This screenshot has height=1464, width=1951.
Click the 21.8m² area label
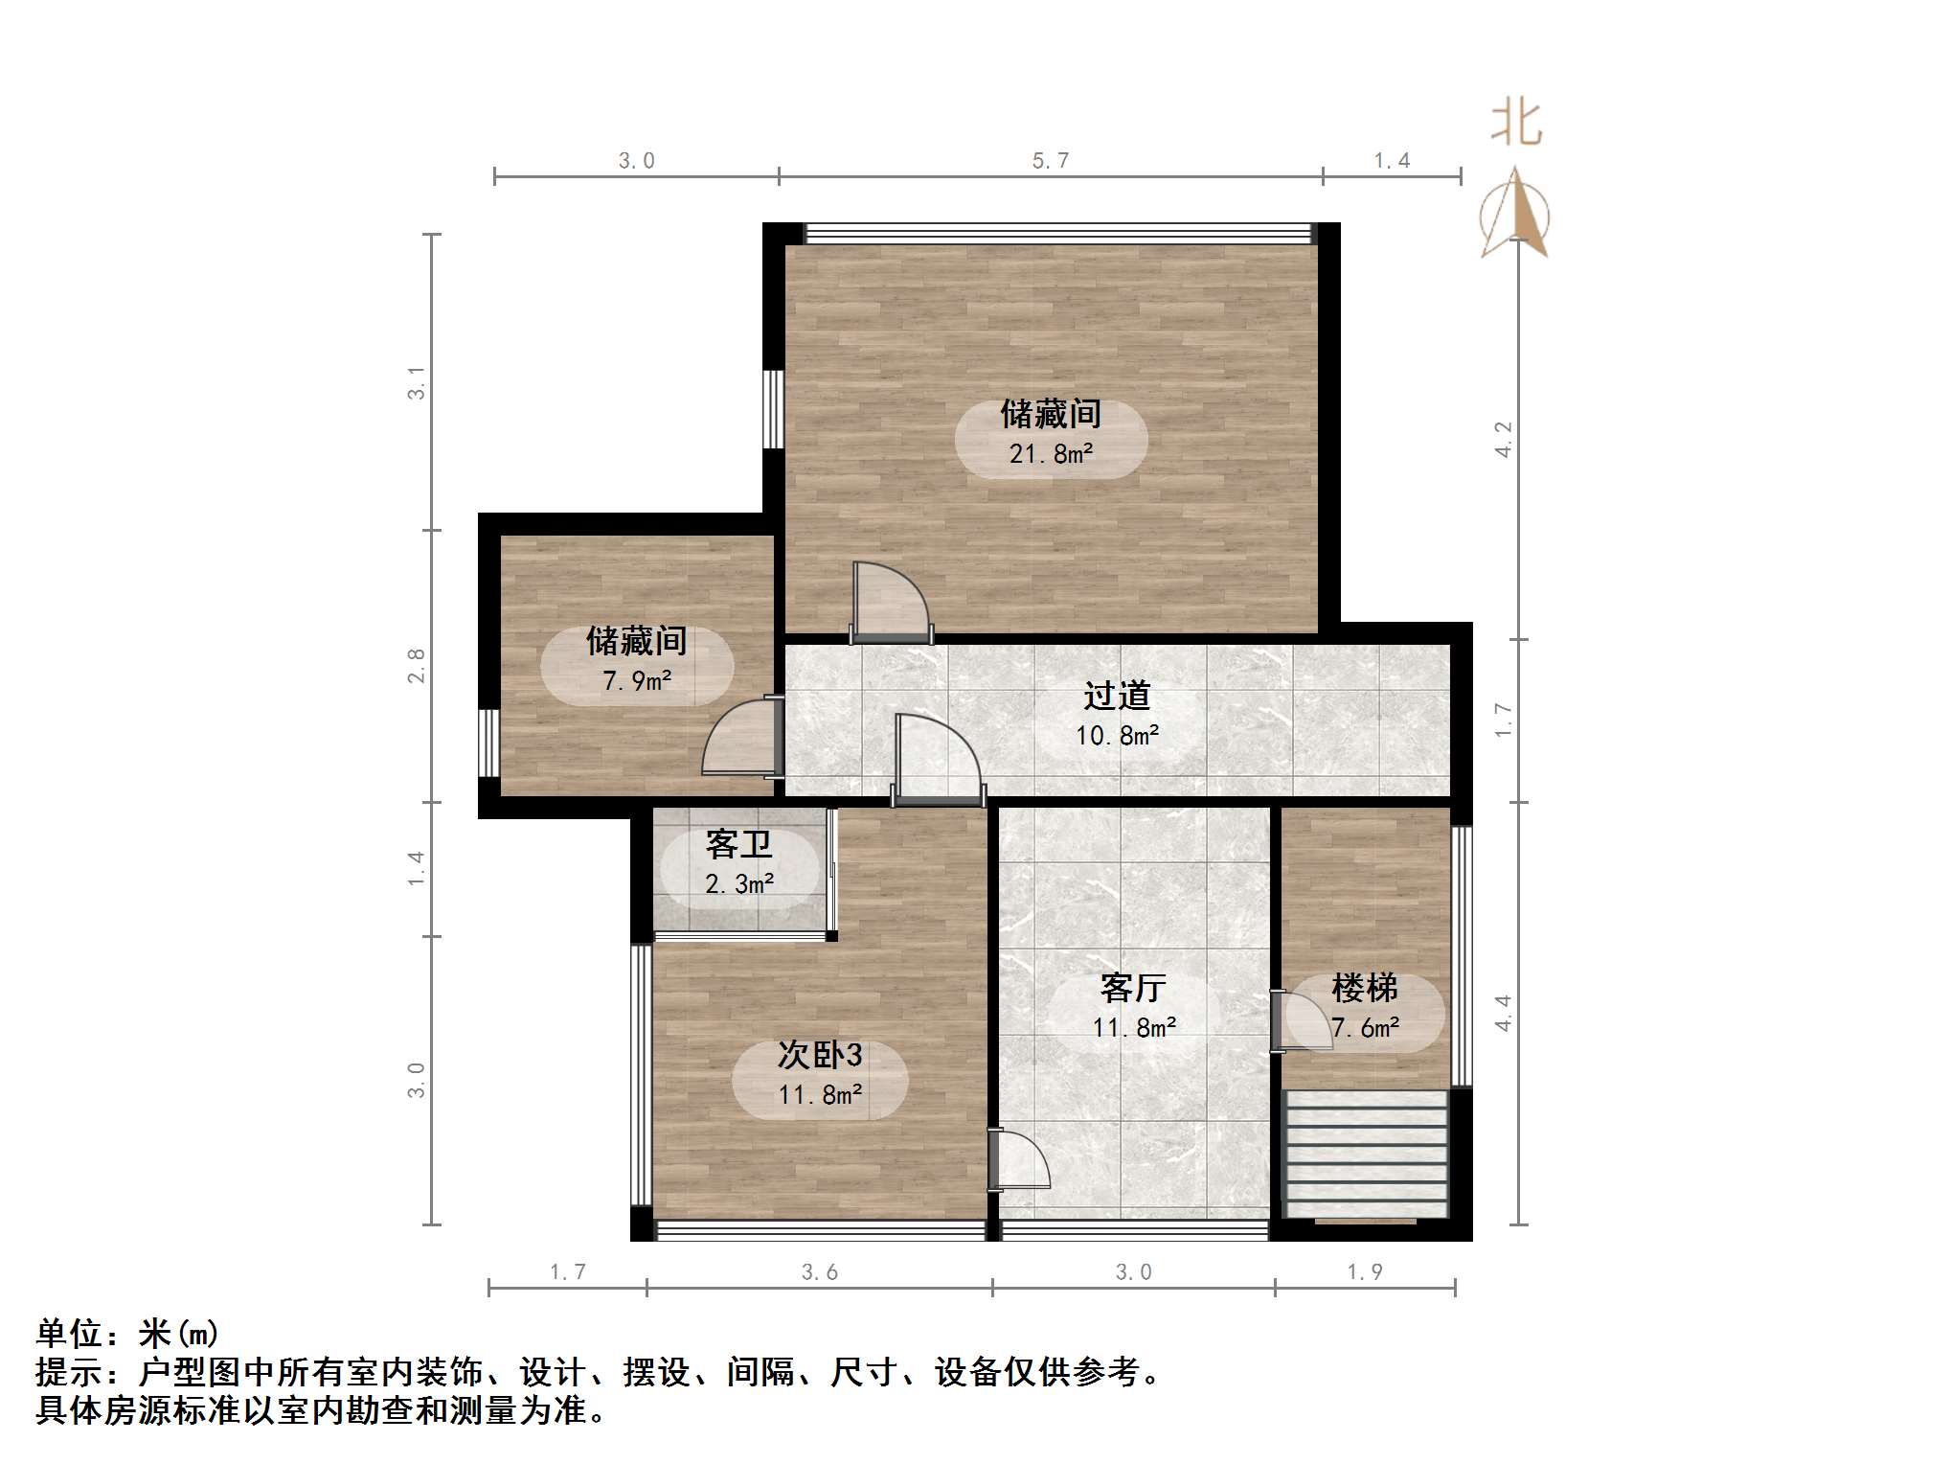click(x=1051, y=454)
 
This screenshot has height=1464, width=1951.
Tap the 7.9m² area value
click(x=637, y=681)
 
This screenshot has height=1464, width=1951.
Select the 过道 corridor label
click(x=1117, y=696)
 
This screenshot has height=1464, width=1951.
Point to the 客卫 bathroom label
click(x=738, y=844)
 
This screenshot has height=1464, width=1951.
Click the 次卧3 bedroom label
click(x=820, y=1055)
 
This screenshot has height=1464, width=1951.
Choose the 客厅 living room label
click(x=1133, y=988)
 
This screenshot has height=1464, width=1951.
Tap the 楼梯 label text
click(x=1365, y=988)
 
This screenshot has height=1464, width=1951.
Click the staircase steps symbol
click(x=1365, y=1155)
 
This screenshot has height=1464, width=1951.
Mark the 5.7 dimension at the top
click(x=1051, y=161)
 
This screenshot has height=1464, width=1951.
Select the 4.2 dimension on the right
click(x=1503, y=439)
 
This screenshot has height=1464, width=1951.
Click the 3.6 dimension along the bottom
click(x=820, y=1272)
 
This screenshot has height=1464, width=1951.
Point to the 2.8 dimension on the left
click(x=416, y=666)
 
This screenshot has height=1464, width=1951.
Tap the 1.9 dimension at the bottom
click(x=1365, y=1272)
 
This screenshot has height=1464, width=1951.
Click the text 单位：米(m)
click(x=127, y=1334)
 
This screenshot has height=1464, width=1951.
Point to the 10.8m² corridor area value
click(x=1117, y=736)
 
